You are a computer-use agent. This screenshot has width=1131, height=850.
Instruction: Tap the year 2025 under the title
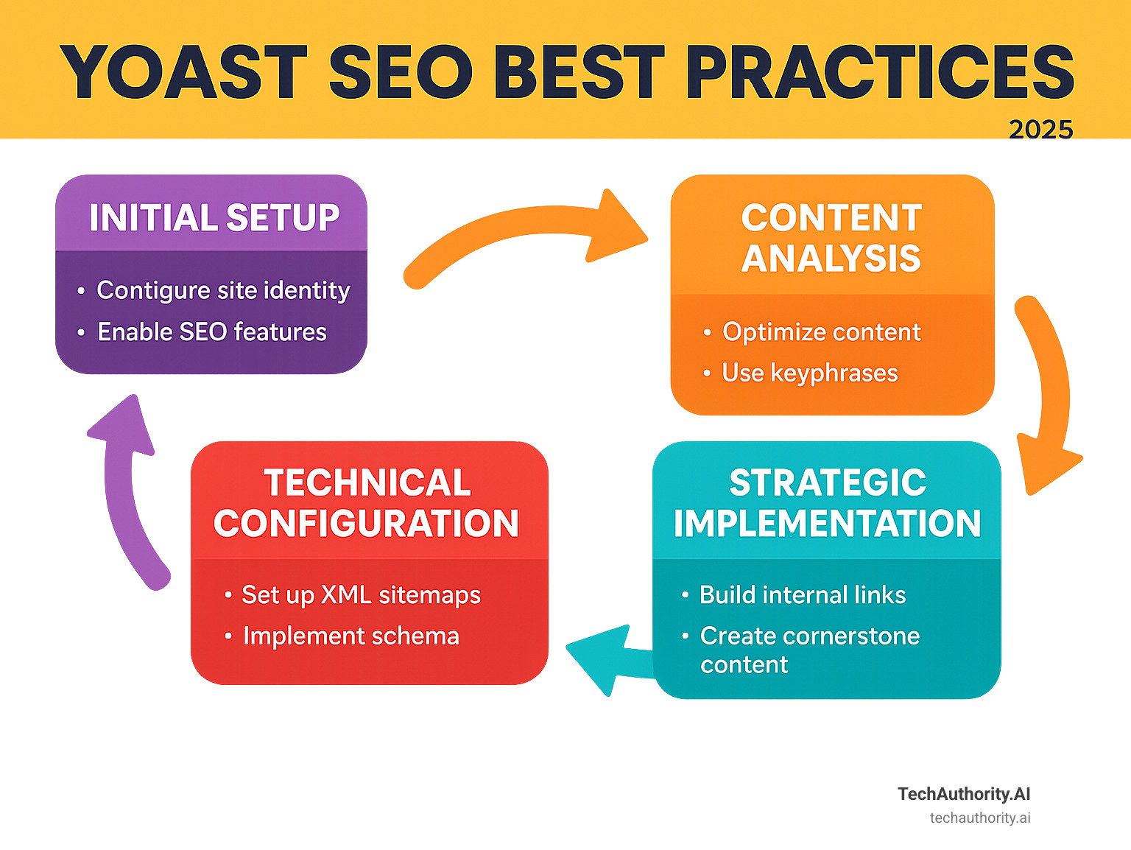click(1040, 130)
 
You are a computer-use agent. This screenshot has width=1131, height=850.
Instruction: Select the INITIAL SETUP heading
click(214, 218)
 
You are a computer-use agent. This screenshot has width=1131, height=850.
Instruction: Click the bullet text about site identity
click(223, 290)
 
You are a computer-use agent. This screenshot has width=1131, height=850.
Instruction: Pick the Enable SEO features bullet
click(212, 332)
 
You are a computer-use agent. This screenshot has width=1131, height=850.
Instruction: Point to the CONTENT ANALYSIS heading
click(831, 238)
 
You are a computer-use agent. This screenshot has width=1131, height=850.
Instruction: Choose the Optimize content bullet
click(821, 332)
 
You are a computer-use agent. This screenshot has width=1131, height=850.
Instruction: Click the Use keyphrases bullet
click(809, 373)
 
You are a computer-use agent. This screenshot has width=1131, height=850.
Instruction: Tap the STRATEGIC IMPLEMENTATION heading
click(827, 503)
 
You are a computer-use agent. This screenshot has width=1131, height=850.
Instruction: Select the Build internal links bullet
click(802, 595)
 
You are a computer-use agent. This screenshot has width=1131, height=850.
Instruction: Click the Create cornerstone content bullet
click(808, 650)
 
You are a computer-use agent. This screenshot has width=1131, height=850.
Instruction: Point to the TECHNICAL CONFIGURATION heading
click(367, 503)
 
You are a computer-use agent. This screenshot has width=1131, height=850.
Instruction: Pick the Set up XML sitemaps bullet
click(361, 595)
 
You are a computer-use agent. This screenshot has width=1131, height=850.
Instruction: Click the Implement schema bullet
click(350, 636)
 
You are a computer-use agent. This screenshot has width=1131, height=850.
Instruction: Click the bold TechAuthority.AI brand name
click(963, 794)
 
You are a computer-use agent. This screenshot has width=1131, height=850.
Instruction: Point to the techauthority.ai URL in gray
click(979, 818)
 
